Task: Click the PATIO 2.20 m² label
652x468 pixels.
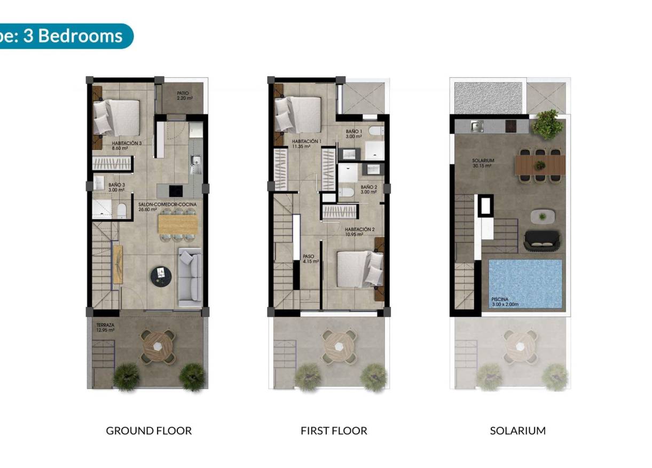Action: (185, 96)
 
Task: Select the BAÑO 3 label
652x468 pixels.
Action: (116, 187)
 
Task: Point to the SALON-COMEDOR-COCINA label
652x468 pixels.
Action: (167, 207)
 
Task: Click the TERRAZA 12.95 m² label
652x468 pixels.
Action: (105, 327)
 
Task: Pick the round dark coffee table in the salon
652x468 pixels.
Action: (160, 275)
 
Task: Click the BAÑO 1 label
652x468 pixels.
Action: (354, 133)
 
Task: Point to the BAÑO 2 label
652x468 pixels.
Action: (368, 189)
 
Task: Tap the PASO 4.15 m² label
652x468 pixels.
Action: (310, 259)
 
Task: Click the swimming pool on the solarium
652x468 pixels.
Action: (525, 283)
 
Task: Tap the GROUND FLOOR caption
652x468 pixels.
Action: (148, 431)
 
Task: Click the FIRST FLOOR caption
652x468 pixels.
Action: (334, 431)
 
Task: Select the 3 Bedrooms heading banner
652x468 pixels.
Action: (64, 36)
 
